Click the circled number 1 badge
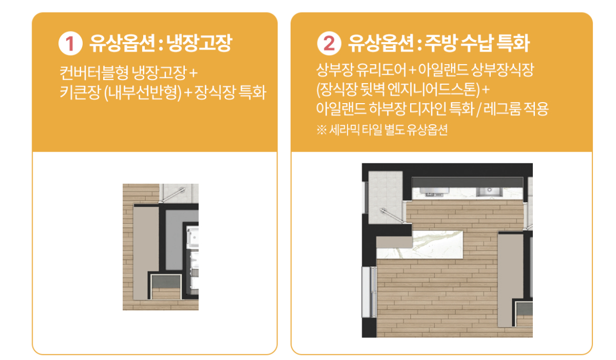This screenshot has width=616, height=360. [x=71, y=43]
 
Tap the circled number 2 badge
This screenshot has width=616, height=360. [x=329, y=43]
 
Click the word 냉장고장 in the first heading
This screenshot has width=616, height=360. [x=199, y=43]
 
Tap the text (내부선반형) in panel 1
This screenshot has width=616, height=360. [x=143, y=93]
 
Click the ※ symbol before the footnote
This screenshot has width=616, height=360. [x=321, y=130]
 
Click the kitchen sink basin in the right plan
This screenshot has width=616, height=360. [x=489, y=192]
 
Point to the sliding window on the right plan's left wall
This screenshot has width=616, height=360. [x=369, y=292]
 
